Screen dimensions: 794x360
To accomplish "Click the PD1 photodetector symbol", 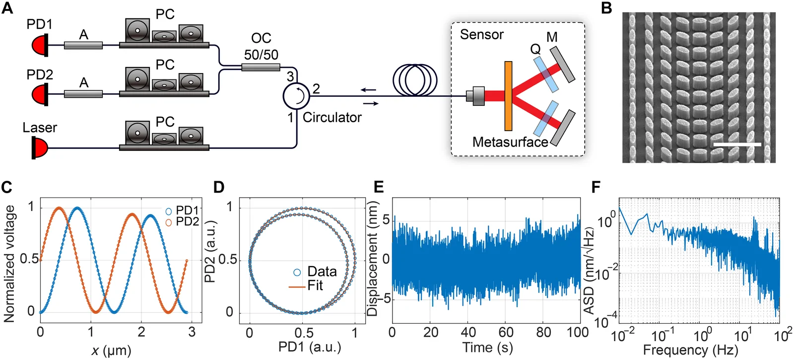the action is click(40, 45).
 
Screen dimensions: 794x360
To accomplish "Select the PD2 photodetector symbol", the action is click(40, 94).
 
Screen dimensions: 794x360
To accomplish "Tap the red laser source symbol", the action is click(40, 147).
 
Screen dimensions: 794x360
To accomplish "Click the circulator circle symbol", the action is click(296, 96).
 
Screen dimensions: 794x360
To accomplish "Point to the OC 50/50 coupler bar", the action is click(261, 67).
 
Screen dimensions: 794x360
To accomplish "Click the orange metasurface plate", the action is click(508, 96).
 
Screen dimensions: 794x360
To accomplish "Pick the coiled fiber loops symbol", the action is click(415, 80).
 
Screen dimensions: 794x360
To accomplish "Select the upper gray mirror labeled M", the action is click(563, 65).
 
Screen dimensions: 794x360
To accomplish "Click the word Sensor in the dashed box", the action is click(482, 35).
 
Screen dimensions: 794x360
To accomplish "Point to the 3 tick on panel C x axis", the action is click(192, 332).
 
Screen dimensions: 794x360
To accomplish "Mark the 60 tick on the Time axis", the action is click(506, 332).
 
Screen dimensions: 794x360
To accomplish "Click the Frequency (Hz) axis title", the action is click(690, 350).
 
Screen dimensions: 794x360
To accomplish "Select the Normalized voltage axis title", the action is click(9, 264).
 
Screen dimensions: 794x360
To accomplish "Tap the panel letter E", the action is click(379, 187).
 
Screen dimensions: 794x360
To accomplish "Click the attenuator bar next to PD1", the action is click(83, 45).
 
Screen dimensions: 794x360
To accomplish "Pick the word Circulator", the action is click(332, 117).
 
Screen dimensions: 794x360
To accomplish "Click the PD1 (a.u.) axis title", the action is click(310, 347).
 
